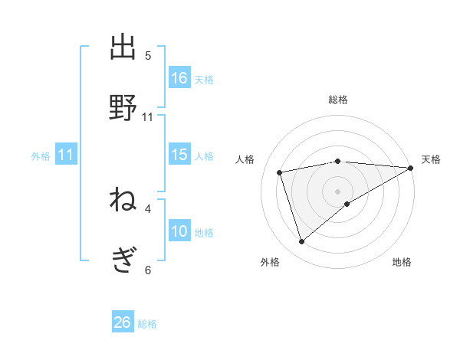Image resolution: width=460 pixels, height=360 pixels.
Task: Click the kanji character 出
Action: click(123, 47)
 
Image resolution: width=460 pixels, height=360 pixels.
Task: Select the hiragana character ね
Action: click(123, 201)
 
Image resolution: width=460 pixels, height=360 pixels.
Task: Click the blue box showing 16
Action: click(179, 77)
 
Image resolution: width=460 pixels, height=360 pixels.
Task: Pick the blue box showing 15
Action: click(179, 155)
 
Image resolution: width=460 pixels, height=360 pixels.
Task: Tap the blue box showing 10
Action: click(179, 231)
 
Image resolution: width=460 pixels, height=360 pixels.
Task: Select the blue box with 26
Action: click(123, 322)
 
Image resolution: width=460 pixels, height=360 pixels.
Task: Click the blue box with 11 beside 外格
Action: click(66, 155)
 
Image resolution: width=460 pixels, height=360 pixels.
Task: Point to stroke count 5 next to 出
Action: click(148, 56)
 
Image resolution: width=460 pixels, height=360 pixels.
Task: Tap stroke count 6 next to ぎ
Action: click(148, 270)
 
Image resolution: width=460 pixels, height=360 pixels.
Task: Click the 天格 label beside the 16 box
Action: click(204, 79)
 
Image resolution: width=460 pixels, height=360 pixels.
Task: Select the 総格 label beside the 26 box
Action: click(147, 324)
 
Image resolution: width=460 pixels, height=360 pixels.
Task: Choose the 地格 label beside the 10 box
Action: click(204, 233)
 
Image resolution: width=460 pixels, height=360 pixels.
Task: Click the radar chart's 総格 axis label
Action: click(338, 100)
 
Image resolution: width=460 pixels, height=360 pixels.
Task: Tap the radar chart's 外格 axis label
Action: click(270, 262)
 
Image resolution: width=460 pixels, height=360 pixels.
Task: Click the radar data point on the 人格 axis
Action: click(280, 172)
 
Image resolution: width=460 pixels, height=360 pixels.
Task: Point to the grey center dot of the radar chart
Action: click(338, 191)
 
